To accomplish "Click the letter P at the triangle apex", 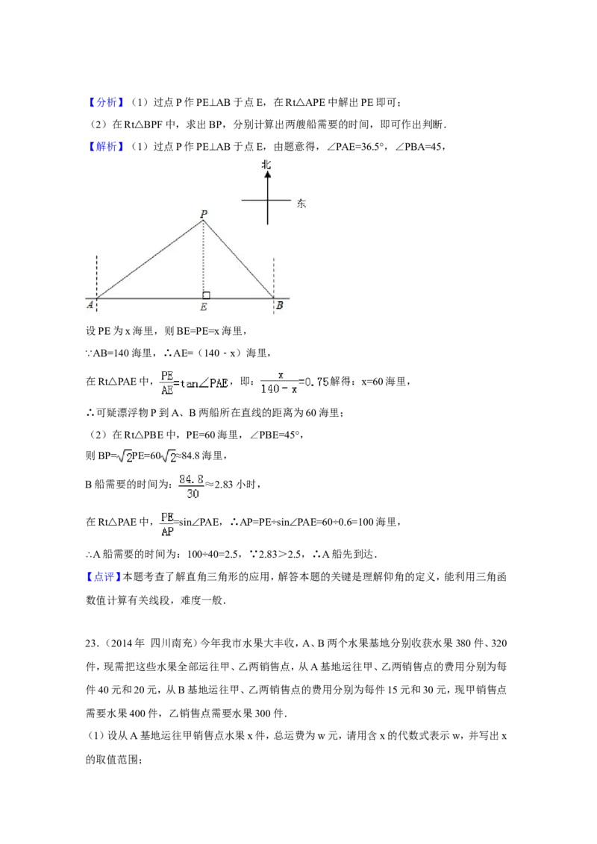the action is coord(203,214).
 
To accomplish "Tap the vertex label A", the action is coord(90,305).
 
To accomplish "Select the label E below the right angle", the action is coord(204,307).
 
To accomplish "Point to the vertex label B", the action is coord(279,305).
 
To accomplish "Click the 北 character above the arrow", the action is coord(266,163).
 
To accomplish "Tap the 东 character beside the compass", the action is coord(301,204).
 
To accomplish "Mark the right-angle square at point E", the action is coord(207,295).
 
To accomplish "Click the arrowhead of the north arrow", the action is coord(267,174).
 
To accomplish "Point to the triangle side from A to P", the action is coord(149,259).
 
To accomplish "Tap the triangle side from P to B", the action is coord(239,259).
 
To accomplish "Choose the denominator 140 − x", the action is coord(278,389).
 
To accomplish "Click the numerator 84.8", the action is coord(192,479).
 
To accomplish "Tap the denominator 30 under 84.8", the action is coord(192,494).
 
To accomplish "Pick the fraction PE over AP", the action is coord(167,525).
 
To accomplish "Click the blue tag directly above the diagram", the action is coord(107,146).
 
